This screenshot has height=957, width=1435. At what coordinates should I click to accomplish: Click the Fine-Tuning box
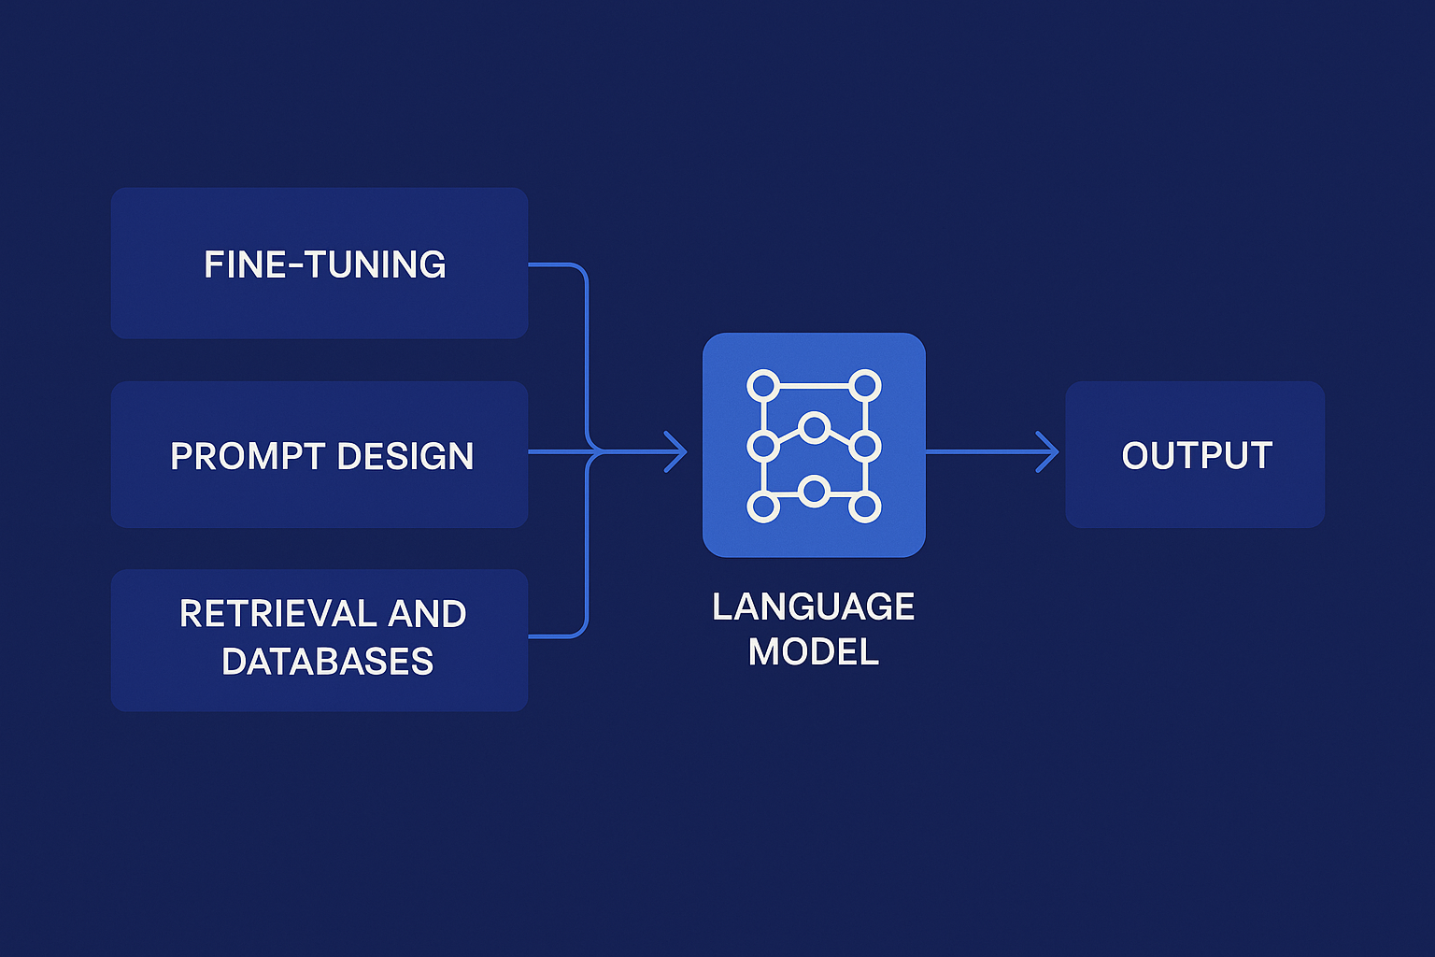click(x=320, y=264)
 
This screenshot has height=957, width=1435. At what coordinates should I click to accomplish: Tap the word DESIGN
click(x=405, y=456)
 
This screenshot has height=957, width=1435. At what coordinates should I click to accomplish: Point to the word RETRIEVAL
click(x=276, y=614)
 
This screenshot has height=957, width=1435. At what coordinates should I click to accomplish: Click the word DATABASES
click(x=328, y=662)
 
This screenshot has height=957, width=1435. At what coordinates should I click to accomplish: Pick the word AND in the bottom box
click(x=427, y=614)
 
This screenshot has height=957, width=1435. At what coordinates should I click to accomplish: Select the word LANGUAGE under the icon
click(x=813, y=607)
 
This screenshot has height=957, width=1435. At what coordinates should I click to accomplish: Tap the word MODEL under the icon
click(x=813, y=651)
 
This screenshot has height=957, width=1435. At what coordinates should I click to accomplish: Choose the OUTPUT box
click(x=1195, y=455)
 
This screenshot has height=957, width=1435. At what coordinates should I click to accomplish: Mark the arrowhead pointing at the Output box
click(x=1050, y=452)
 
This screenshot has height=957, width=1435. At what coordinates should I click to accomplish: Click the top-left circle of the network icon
click(x=763, y=385)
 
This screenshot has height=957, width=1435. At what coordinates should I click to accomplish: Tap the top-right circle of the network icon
click(x=865, y=385)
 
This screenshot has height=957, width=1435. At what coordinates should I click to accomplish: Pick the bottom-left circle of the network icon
click(x=763, y=507)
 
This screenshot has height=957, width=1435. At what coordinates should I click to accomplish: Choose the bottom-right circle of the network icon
click(x=865, y=507)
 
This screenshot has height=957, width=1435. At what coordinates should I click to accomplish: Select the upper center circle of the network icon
click(x=815, y=428)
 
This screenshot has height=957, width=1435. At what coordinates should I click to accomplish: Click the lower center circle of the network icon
click(x=815, y=491)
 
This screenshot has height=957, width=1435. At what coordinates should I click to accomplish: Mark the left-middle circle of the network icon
click(x=763, y=446)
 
